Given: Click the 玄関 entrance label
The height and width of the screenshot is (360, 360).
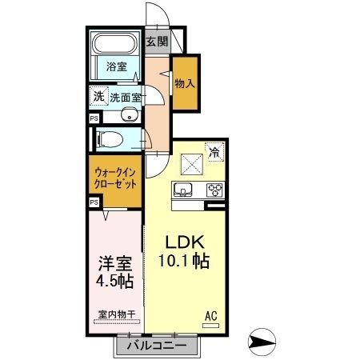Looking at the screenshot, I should click(x=157, y=42).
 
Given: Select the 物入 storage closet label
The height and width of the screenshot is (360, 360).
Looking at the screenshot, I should click(x=186, y=83).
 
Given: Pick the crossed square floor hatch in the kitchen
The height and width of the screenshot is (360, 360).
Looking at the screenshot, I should click(x=193, y=165).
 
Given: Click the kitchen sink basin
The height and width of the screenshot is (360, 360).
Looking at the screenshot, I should click(x=183, y=190).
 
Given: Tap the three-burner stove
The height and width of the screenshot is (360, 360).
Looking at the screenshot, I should click(x=214, y=190).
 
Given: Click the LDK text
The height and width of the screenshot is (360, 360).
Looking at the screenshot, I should click(x=185, y=241).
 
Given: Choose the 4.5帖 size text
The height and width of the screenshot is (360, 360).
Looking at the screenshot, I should click(x=110, y=282).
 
